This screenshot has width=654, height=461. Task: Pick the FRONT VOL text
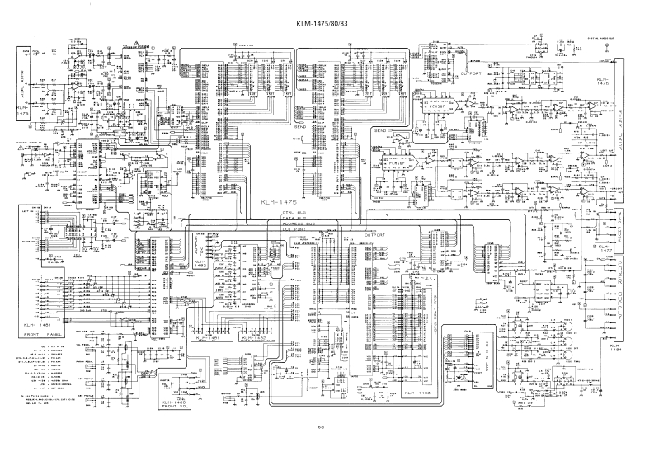click(x=176, y=407)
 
